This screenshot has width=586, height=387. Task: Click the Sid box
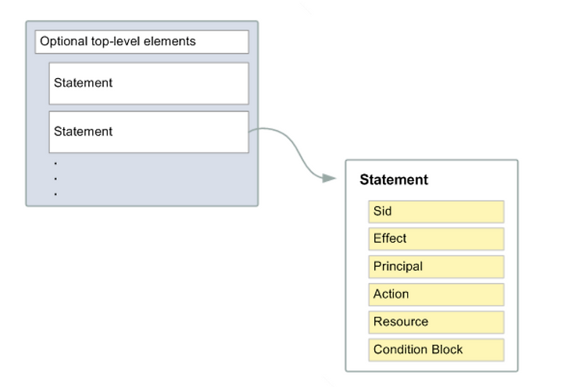tap(436, 211)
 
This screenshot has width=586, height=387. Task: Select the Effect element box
tap(436, 239)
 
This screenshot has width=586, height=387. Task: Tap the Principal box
tap(436, 267)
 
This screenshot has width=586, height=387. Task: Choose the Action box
tap(436, 294)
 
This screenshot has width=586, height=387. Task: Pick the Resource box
tap(436, 322)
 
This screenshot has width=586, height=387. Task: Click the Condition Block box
tap(436, 350)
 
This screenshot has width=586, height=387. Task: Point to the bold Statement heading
tap(394, 180)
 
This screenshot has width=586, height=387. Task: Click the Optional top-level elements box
tap(142, 42)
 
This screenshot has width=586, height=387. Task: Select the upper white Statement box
tap(148, 83)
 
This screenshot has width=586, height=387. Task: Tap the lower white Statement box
tap(148, 132)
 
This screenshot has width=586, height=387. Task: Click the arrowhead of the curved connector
tap(329, 179)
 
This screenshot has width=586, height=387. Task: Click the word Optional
tap(63, 41)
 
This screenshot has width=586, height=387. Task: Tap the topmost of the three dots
tap(55, 163)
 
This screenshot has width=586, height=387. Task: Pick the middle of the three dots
tap(55, 179)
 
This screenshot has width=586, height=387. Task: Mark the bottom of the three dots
tap(55, 194)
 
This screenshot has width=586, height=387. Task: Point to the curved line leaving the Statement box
tap(295, 148)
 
